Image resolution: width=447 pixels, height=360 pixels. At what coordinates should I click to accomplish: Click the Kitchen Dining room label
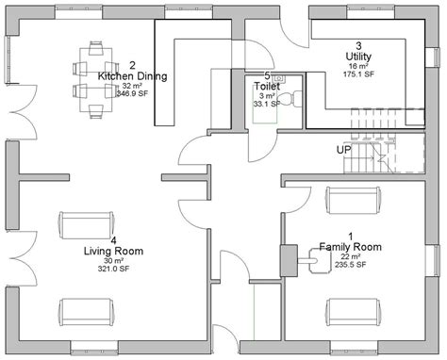132,74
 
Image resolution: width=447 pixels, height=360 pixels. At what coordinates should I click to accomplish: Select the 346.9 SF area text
132,94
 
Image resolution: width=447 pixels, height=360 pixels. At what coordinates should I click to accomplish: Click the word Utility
358,57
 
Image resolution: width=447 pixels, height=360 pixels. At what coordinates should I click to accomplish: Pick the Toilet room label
267,86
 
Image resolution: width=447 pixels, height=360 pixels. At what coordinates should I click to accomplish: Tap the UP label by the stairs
344,150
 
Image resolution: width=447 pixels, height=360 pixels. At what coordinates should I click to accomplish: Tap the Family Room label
350,246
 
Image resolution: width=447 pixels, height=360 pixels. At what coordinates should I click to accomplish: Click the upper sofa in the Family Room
356,201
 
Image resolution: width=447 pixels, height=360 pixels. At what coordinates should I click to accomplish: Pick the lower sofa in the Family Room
356,311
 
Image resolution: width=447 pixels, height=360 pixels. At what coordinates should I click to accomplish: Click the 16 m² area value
358,67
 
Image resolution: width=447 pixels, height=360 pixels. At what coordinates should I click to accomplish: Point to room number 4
113,240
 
